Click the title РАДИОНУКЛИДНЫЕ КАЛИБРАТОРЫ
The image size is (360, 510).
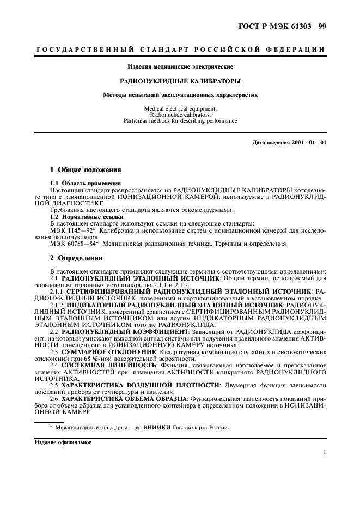[x=180, y=81]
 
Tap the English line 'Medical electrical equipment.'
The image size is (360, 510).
[x=180, y=108]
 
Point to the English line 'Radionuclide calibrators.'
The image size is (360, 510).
[x=180, y=114]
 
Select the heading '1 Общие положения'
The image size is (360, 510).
[x=82, y=170]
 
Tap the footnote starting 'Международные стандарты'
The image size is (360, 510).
[x=142, y=427]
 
